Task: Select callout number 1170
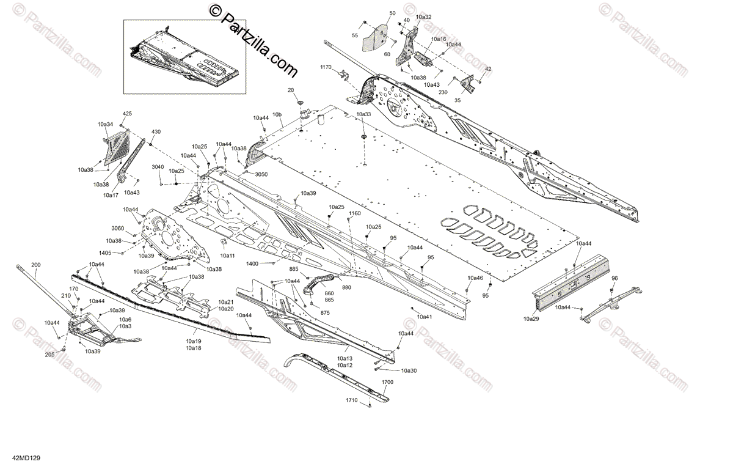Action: click(326, 67)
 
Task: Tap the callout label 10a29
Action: click(531, 319)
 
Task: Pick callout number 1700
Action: click(387, 381)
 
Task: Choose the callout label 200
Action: click(35, 265)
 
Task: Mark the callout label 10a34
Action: click(105, 124)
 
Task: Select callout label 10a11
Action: click(228, 256)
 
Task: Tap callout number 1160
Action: click(354, 213)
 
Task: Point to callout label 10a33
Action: click(363, 114)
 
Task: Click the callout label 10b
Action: click(277, 114)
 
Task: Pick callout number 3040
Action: click(158, 167)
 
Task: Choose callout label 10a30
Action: click(409, 371)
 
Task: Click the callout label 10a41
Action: click(424, 317)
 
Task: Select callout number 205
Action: click(49, 355)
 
